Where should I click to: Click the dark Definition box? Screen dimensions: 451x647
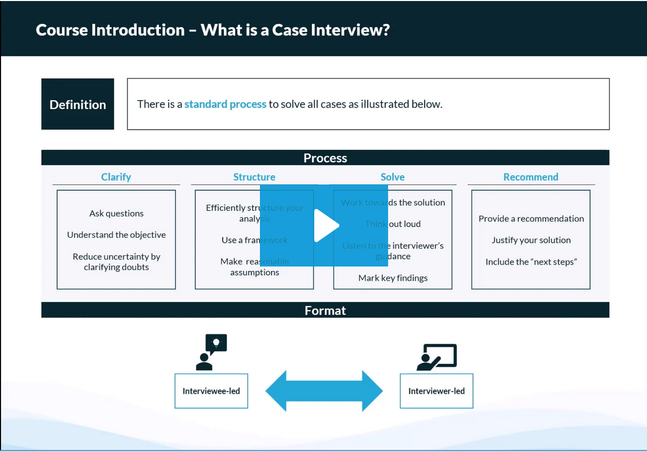coord(77,104)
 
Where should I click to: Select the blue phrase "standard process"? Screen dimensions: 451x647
coord(225,104)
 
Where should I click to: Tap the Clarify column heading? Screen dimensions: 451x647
coord(116,177)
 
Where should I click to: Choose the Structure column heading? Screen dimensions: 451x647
coord(254,177)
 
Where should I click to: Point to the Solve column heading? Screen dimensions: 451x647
coord(393,177)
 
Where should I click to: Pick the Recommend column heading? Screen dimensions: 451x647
coord(531,177)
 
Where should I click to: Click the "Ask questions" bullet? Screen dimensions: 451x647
coord(116,213)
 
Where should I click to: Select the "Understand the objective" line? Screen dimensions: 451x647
coord(116,235)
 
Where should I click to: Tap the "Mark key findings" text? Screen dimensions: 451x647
coord(393,278)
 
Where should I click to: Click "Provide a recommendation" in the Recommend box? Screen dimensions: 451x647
coord(531,218)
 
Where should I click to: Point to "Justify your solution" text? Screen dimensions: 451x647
coord(531,240)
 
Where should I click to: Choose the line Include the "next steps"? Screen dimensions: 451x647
coord(531,261)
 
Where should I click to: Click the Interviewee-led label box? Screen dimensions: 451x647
coord(211,391)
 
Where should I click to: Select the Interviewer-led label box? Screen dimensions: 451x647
coord(436,391)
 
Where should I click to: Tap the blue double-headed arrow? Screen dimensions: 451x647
coord(324,391)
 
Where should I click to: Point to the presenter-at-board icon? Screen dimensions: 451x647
coord(436,357)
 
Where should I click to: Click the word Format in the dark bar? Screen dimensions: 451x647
coord(325,311)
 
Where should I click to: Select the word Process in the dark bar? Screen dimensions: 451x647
coord(325,158)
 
